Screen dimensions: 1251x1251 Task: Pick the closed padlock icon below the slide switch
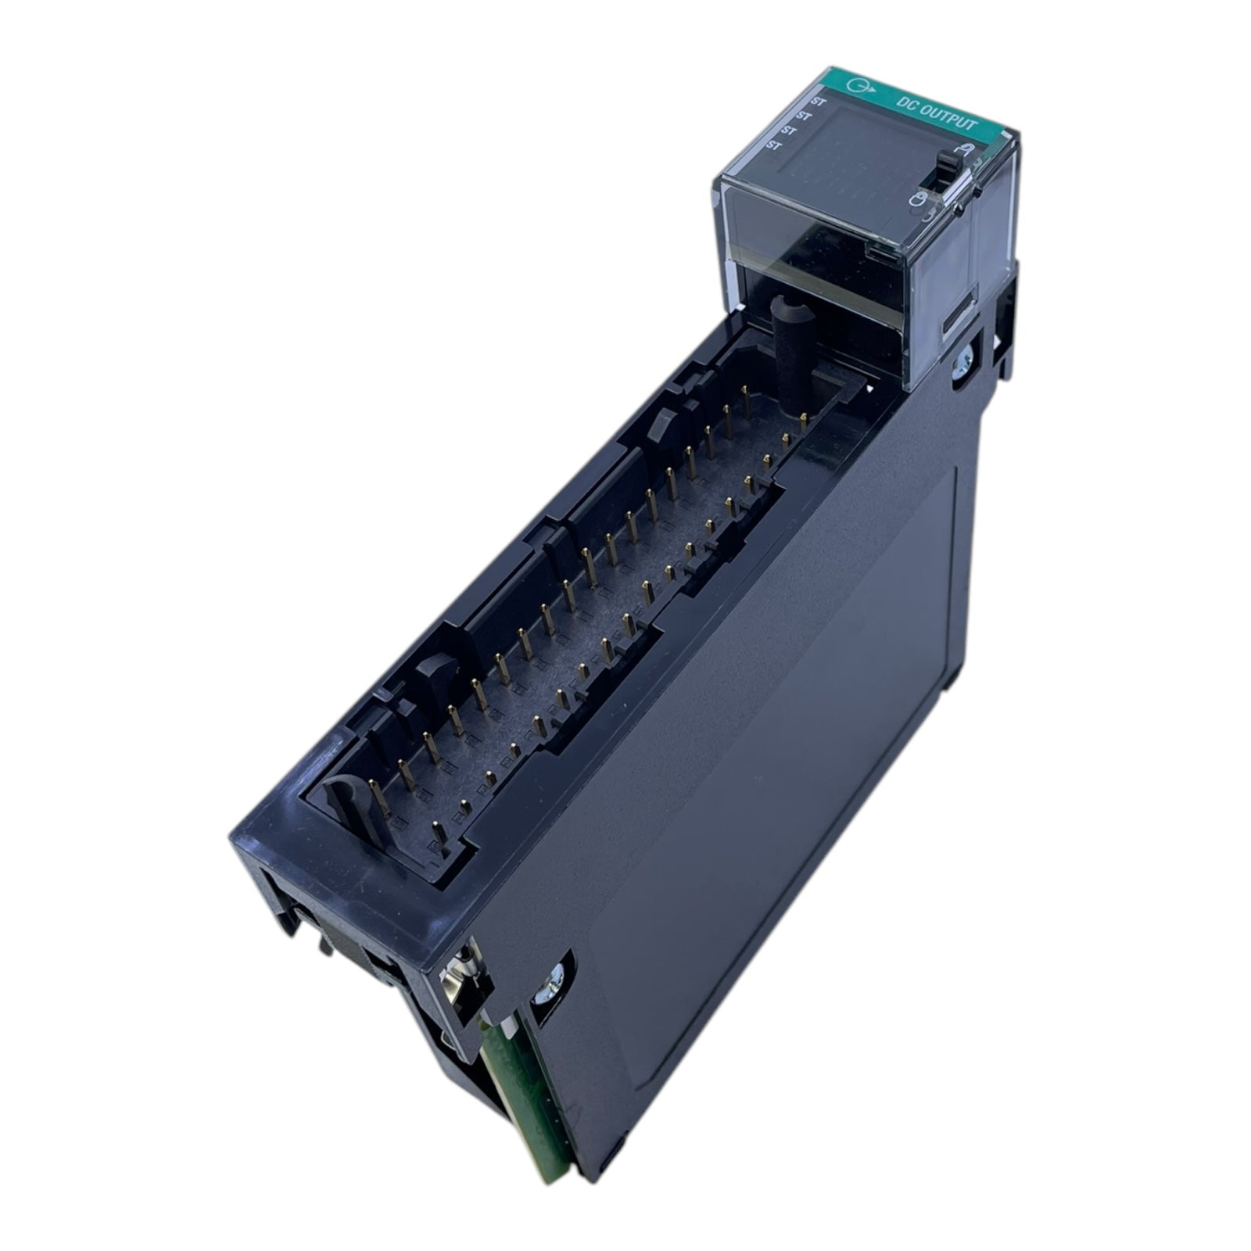pyautogui.click(x=916, y=207)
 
